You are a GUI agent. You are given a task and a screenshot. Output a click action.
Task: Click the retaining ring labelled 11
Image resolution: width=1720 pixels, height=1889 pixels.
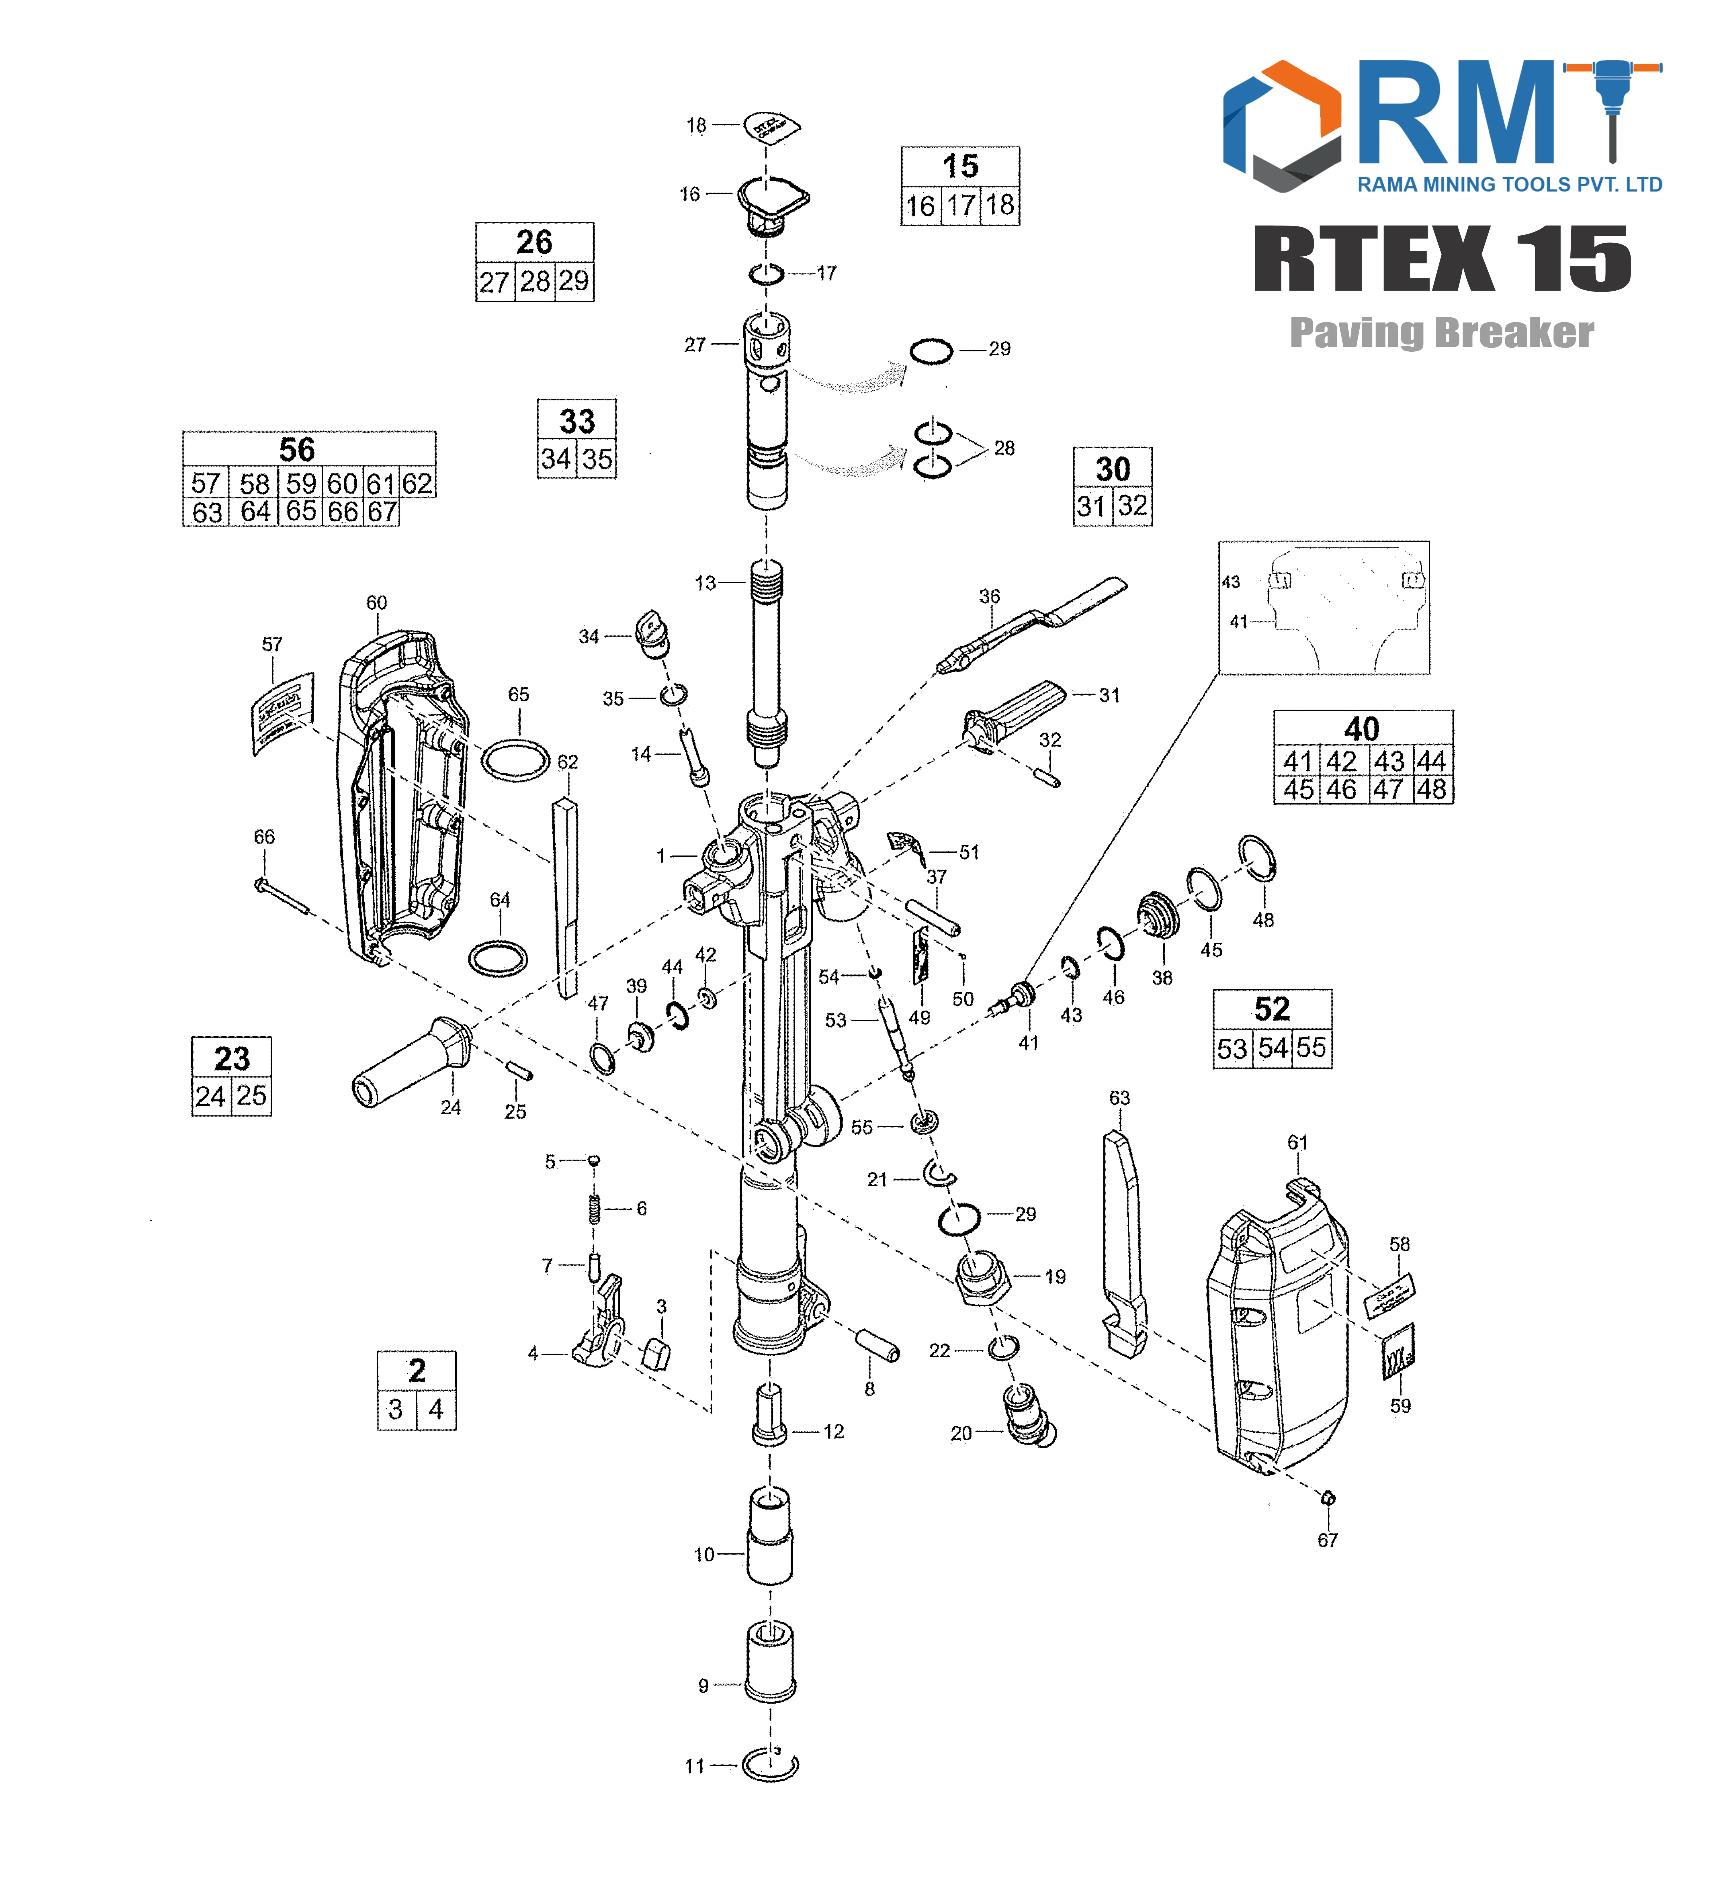[769, 1766]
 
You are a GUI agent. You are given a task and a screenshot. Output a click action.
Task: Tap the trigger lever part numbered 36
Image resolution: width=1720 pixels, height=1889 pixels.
[1031, 623]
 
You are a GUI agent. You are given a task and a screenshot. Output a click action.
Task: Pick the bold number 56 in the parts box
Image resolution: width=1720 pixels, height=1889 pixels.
[297, 450]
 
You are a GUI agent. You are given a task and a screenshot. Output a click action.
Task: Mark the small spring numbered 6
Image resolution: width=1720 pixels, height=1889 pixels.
[594, 1209]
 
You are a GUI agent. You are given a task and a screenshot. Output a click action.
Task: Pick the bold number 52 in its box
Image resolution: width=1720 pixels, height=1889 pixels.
[1272, 1009]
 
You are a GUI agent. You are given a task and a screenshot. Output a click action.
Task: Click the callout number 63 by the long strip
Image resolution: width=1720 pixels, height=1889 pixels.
[1119, 1097]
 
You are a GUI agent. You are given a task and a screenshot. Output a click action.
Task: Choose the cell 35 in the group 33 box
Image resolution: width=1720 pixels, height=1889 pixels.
[597, 459]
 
